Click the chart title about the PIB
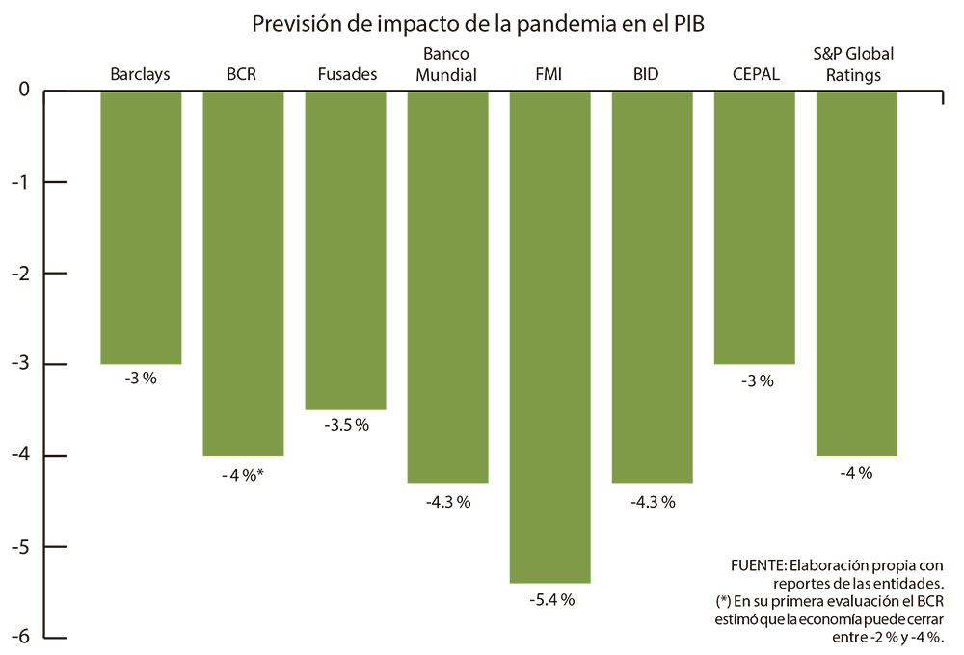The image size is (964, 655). (479, 24)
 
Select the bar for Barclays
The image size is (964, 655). (141, 227)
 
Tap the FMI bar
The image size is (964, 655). (549, 337)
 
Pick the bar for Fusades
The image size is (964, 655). (345, 250)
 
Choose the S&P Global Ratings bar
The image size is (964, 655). (856, 273)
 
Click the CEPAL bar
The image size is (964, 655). (754, 227)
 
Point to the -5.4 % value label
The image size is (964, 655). (551, 600)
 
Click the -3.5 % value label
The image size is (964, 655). (346, 425)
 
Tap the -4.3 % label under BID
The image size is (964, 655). (653, 501)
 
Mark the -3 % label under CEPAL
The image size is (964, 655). (757, 380)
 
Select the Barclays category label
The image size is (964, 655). (140, 74)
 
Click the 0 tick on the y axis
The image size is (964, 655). (23, 91)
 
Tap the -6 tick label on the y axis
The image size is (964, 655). (20, 638)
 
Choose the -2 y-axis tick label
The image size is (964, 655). (20, 274)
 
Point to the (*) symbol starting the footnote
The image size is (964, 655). (724, 600)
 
